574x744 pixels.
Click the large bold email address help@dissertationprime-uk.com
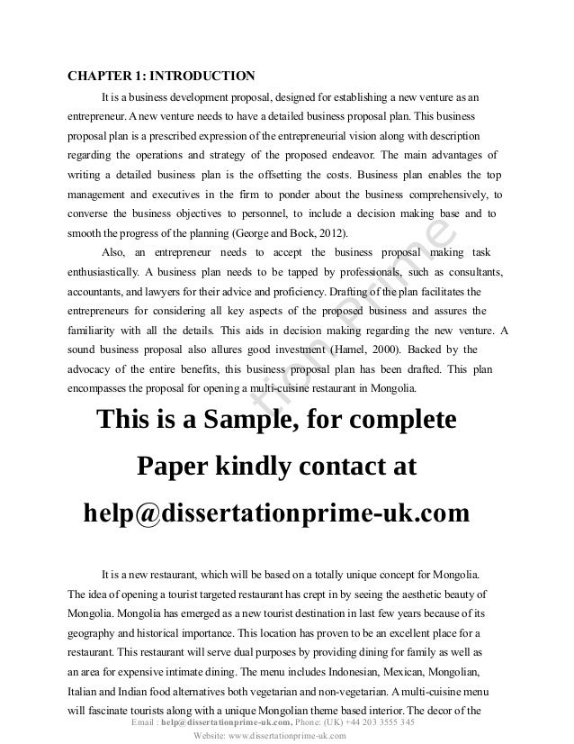[276, 513]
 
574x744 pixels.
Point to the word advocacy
[96, 369]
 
